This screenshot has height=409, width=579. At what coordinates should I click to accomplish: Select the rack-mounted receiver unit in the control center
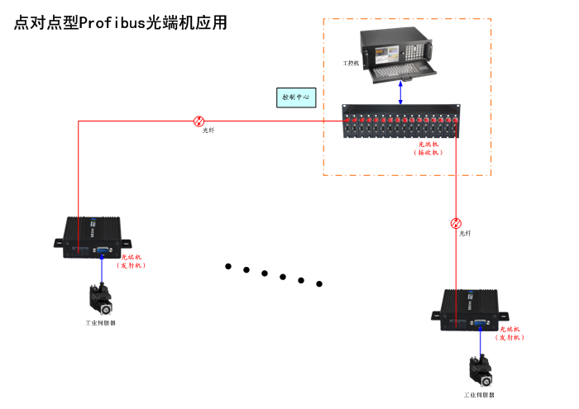401,122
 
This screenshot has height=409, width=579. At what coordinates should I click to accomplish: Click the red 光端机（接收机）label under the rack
428,148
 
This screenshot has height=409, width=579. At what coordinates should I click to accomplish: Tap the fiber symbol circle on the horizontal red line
199,121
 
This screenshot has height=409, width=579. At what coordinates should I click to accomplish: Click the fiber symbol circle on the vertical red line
456,223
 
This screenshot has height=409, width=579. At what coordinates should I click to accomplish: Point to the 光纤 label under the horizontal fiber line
208,131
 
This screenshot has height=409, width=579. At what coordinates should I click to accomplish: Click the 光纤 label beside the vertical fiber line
466,234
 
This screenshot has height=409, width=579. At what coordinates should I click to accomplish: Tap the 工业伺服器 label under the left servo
101,323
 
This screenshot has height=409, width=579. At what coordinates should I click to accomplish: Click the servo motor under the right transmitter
480,370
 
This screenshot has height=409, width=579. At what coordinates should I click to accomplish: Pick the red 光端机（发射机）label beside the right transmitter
510,333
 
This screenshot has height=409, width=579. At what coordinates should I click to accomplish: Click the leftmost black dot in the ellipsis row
227,266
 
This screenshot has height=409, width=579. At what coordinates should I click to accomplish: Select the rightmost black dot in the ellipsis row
319,284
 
